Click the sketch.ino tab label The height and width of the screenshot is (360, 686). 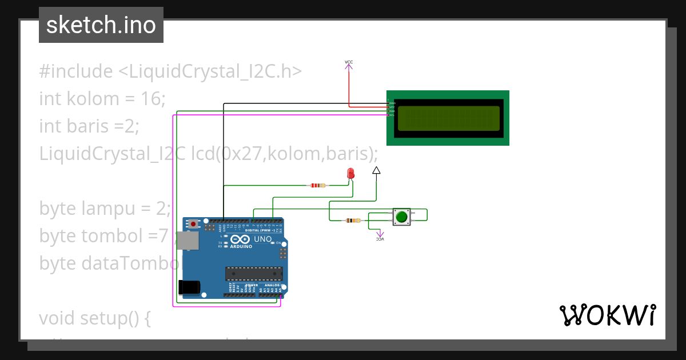coord(101,25)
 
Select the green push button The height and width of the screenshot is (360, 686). coord(401,217)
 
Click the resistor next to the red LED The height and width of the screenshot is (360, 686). coord(317,185)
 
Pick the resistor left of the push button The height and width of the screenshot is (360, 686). coord(353,221)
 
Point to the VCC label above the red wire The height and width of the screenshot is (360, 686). coord(349,62)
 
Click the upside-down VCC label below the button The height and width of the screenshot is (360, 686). coord(380,239)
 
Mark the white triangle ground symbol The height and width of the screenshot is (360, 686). coord(376,170)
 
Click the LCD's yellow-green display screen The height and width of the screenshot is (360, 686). coord(448,118)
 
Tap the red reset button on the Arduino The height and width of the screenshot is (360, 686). coord(194,223)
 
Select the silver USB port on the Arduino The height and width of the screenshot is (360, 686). coord(187,241)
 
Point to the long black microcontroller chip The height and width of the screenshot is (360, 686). coord(253,274)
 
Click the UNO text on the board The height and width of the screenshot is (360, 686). coord(262,239)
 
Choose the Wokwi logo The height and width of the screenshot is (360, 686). coord(607,315)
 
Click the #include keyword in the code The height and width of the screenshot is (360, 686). coord(76,71)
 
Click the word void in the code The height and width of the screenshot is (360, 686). coord(57,318)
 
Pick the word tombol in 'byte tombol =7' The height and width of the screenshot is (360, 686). coord(107,235)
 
